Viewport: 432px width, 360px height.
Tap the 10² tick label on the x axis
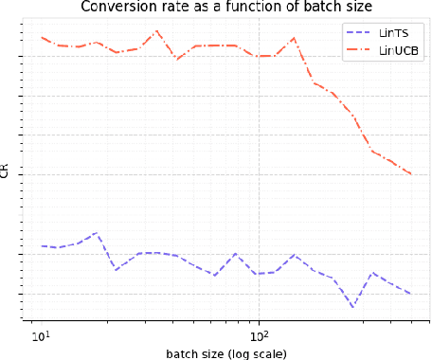[x=258, y=333]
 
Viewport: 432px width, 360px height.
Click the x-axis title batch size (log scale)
[x=225, y=352]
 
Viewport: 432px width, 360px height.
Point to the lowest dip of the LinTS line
[x=353, y=307]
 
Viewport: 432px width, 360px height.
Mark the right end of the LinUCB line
[x=411, y=174]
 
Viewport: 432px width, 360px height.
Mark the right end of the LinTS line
[x=411, y=294]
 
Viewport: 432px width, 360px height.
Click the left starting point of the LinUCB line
[x=43, y=38]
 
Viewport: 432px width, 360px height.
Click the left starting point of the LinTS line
[x=43, y=246]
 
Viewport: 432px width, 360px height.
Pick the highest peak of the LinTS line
[x=95, y=233]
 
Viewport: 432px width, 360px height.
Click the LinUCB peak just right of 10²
[x=294, y=38]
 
